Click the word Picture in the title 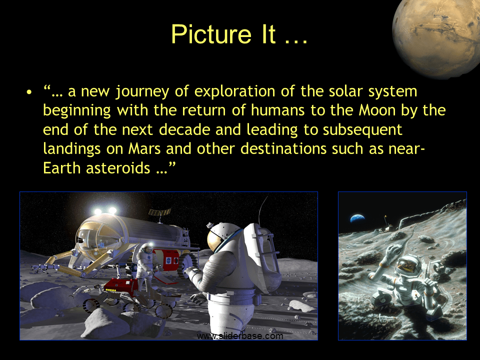204,34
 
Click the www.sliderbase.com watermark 240,336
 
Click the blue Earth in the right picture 357,218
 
